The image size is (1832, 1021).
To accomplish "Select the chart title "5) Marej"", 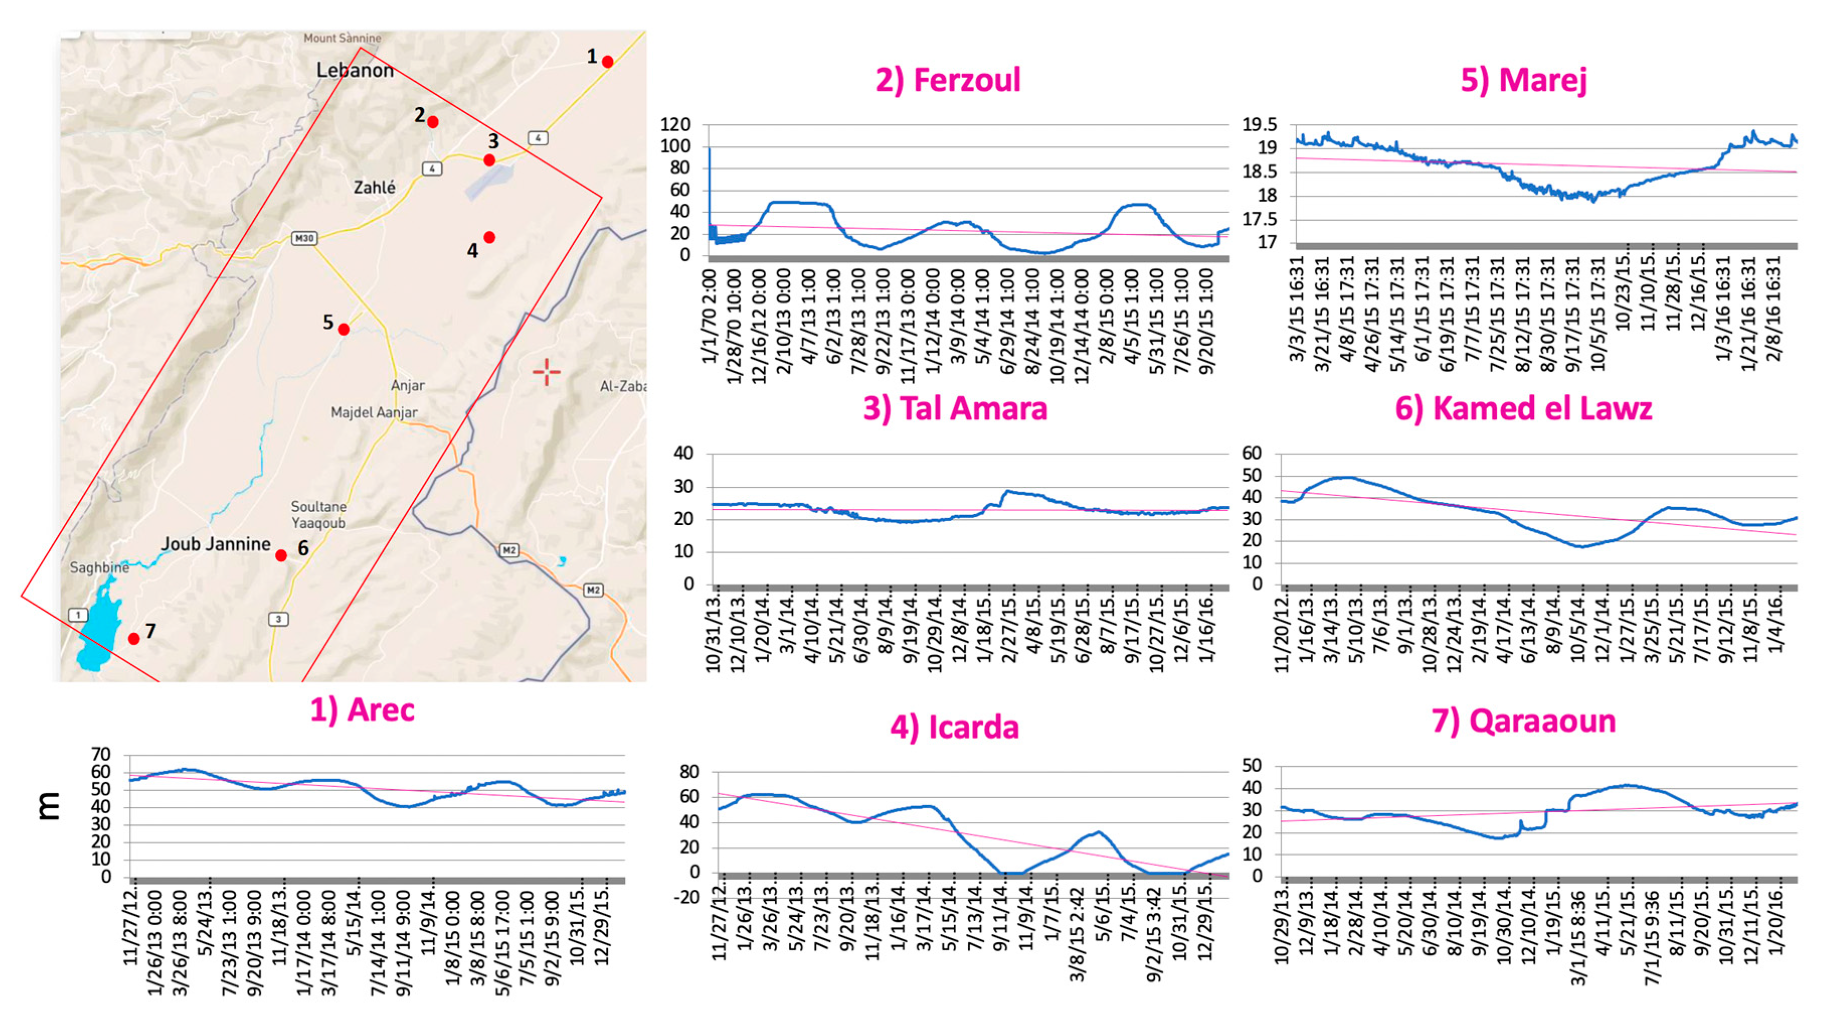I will tap(1523, 79).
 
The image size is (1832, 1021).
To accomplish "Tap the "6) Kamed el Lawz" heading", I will tap(1523, 408).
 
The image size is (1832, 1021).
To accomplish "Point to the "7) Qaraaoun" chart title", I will tap(1523, 721).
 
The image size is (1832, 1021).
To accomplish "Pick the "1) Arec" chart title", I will tap(362, 709).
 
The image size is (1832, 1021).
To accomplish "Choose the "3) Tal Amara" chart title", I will tap(954, 408).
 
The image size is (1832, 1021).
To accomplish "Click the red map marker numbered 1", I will tap(607, 62).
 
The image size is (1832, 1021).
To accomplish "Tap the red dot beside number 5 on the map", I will tap(343, 329).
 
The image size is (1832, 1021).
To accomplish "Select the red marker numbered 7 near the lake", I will tap(134, 638).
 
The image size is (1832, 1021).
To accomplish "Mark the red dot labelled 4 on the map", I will tap(489, 237).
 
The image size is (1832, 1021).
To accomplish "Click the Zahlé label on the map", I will tap(375, 188).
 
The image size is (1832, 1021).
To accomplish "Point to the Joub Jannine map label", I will tap(216, 544).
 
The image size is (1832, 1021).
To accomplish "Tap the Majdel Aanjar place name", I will tap(374, 412).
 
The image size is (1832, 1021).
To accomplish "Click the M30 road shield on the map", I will tap(304, 238).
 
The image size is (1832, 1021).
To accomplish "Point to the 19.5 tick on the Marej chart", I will tap(1259, 125).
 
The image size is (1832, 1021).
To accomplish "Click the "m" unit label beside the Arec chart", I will tap(49, 806).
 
